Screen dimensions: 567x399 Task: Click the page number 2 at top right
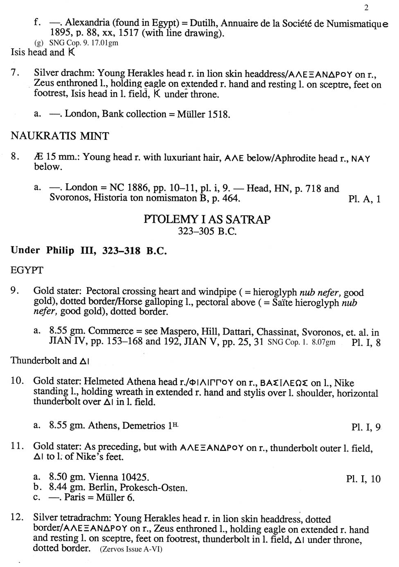366,7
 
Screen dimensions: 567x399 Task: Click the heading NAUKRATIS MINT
60,136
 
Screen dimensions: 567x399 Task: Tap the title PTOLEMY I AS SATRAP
207,220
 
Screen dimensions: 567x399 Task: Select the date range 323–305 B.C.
207,232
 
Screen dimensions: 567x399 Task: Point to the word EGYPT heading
27,270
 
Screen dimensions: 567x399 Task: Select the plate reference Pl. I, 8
366,342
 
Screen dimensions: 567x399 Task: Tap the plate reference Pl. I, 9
366,427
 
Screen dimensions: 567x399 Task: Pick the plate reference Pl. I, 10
363,479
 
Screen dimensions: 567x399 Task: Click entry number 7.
15,73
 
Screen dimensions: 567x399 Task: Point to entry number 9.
15,290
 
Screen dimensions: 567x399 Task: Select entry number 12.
17,517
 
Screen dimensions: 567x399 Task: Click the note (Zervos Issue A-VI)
131,549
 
